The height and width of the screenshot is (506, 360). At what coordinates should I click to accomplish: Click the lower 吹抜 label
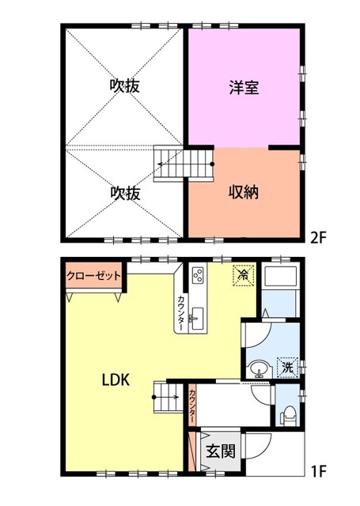(125, 191)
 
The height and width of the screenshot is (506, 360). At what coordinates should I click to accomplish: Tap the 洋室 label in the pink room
(244, 88)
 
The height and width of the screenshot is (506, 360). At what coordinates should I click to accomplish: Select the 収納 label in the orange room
(244, 191)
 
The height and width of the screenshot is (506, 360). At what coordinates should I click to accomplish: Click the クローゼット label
(93, 276)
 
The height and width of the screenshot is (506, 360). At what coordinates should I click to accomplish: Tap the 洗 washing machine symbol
(286, 367)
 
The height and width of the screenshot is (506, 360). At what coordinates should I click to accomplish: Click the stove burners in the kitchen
(198, 276)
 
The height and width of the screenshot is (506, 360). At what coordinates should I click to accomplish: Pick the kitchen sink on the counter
(197, 318)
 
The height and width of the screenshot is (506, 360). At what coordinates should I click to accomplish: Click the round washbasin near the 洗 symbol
(258, 368)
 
